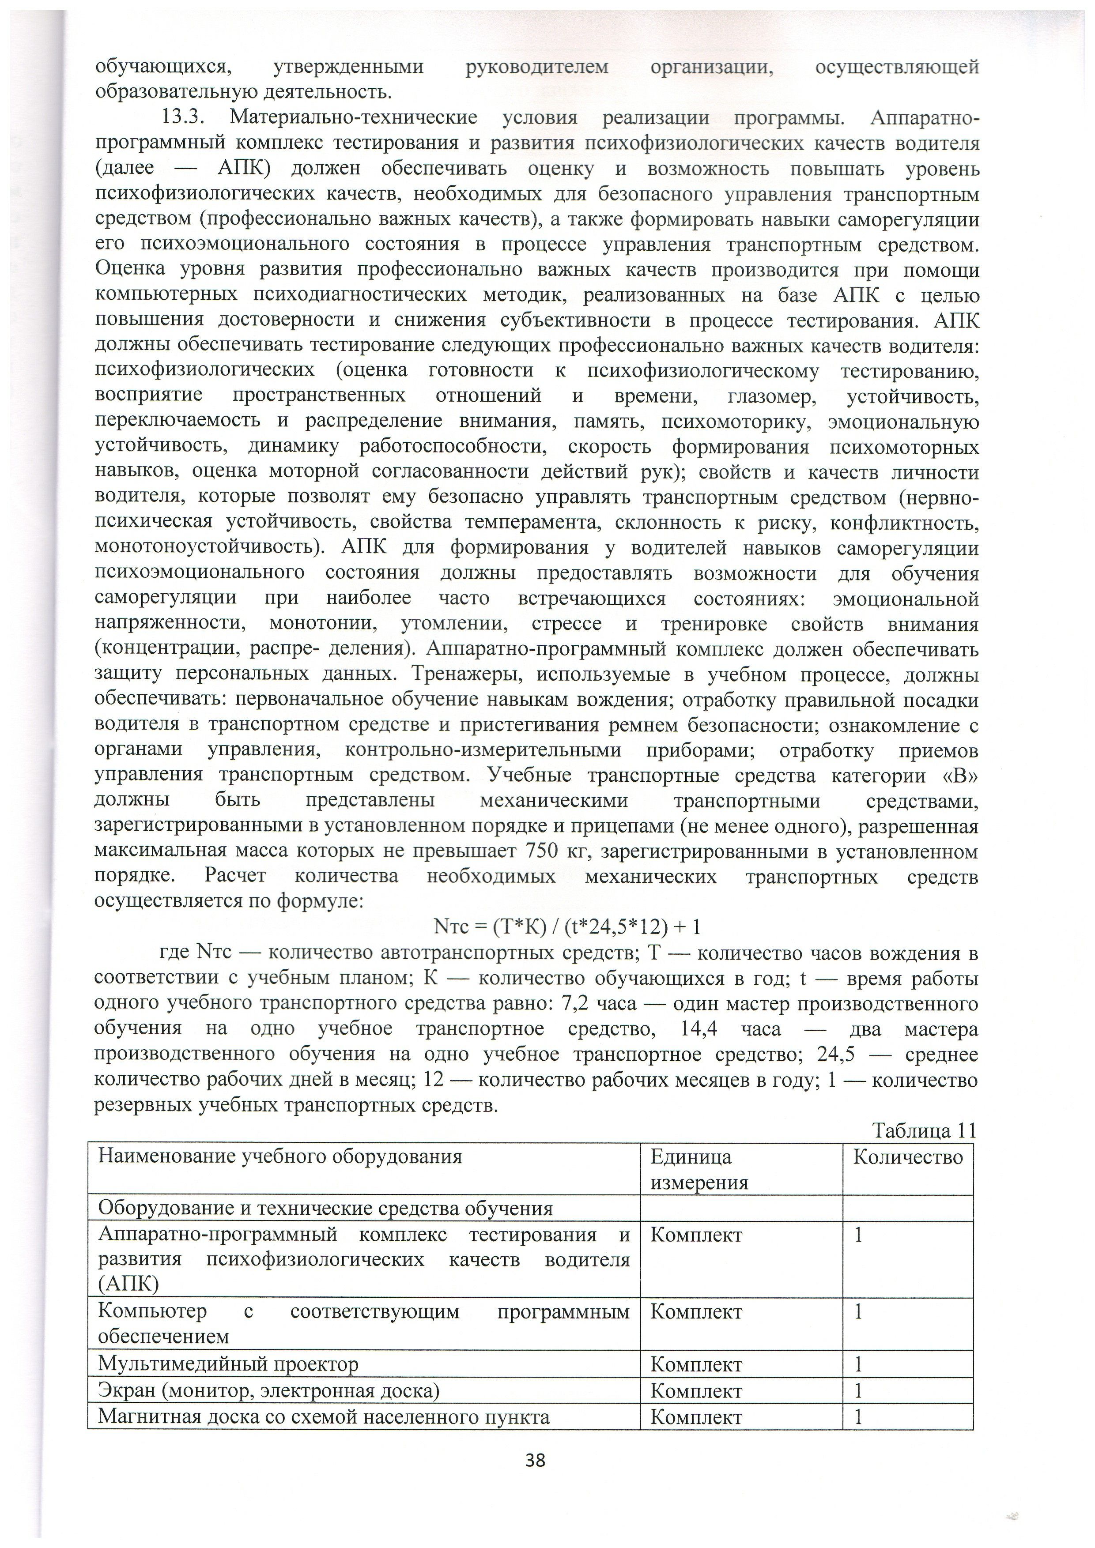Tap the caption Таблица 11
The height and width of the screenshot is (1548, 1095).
(925, 1131)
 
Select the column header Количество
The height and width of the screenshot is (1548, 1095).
(907, 1158)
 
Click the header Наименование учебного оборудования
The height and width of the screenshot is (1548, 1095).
(280, 1158)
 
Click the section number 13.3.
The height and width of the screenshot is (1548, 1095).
(183, 118)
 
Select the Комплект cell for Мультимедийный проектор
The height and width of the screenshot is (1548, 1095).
(696, 1365)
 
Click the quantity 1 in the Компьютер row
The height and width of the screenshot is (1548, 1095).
(859, 1312)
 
